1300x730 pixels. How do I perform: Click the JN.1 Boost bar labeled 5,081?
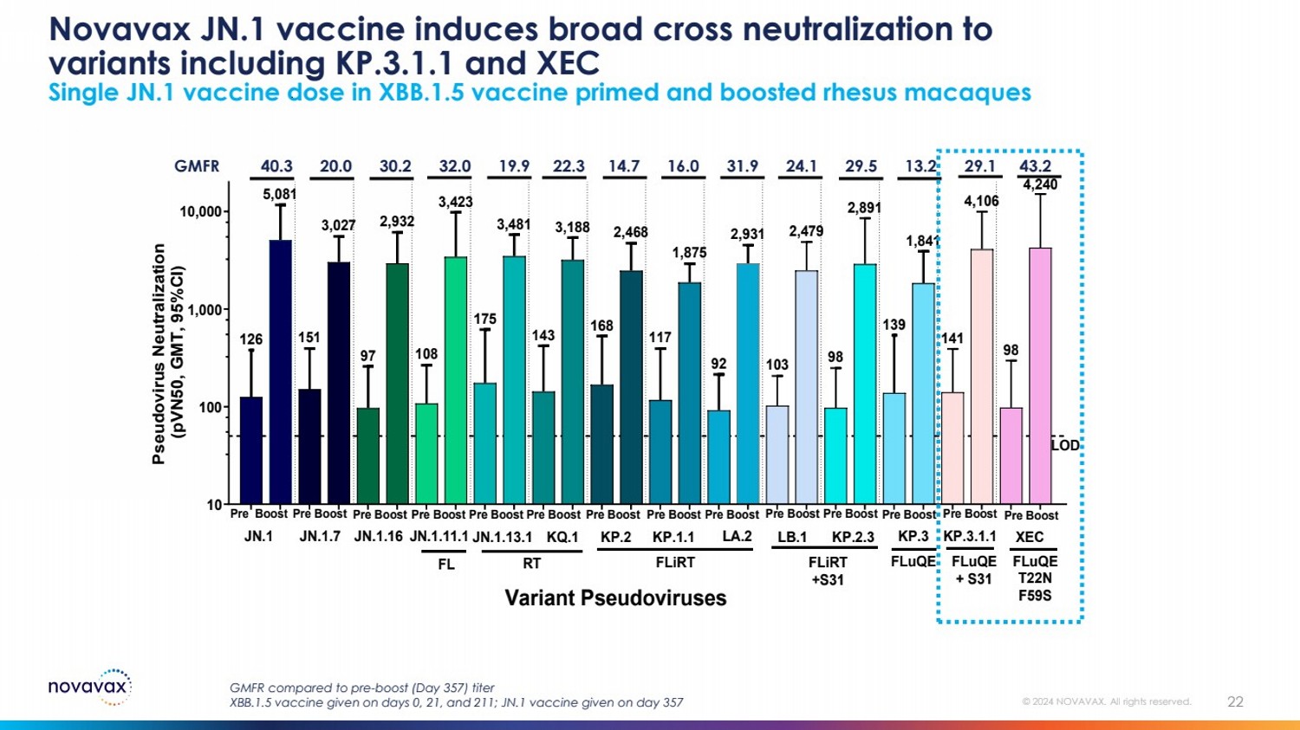(280, 372)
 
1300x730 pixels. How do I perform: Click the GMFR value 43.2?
(1035, 166)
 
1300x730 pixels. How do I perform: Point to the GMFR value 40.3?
(276, 166)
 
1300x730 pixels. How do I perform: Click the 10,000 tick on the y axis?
(200, 212)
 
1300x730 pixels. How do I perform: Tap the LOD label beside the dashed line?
(1065, 446)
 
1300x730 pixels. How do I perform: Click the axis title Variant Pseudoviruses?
(615, 598)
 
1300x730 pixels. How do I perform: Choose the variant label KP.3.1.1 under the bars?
(970, 537)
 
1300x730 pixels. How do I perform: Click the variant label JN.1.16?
(379, 537)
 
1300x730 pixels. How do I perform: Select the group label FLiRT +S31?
(828, 571)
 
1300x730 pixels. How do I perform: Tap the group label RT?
(531, 564)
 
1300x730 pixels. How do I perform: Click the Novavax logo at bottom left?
(90, 688)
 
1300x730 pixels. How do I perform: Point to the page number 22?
(1235, 702)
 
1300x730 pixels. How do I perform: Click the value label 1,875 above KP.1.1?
(689, 253)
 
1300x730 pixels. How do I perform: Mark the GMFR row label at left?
(197, 166)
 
